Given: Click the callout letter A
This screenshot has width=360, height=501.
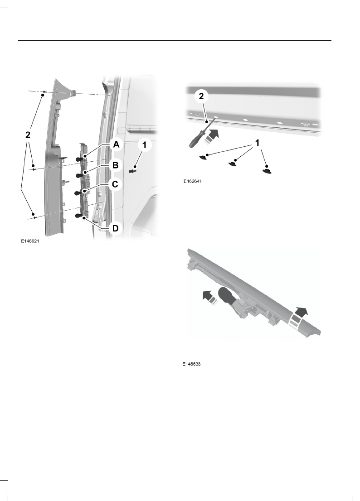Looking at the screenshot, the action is tap(116, 145).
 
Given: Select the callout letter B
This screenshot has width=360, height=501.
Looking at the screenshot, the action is tap(116, 165).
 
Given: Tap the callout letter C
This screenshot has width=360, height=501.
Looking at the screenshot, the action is tap(116, 184).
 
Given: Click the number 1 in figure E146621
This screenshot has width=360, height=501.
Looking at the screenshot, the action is tap(144, 145).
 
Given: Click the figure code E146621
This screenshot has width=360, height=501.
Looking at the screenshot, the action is tap(30, 241).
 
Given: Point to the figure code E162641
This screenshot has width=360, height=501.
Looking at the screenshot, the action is tap(192, 182).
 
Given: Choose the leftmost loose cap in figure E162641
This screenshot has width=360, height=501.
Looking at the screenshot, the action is tap(205, 156).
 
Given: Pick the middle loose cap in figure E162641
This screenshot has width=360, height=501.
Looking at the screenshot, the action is tap(234, 163).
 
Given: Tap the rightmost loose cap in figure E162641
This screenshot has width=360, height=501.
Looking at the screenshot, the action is tap(268, 169).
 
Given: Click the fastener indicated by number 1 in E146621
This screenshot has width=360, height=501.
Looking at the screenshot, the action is tap(133, 171).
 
